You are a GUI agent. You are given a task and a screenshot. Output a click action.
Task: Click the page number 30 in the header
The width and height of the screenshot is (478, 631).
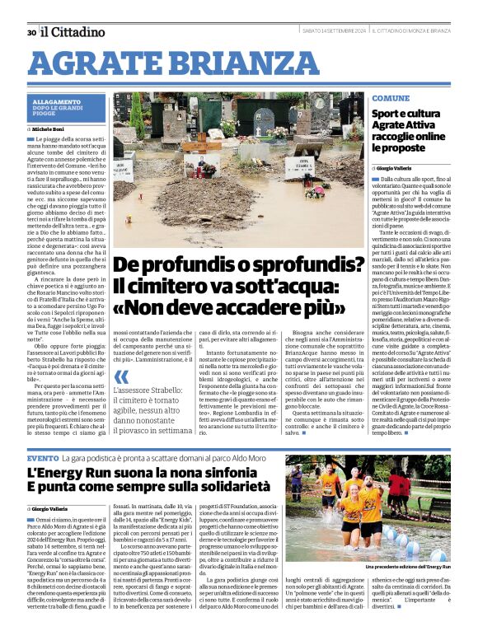(x=31, y=33)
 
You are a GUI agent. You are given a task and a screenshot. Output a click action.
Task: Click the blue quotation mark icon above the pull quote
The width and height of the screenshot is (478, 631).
(x=120, y=376)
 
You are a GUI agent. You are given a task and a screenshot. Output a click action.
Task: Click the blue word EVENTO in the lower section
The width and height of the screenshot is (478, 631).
(x=42, y=457)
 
